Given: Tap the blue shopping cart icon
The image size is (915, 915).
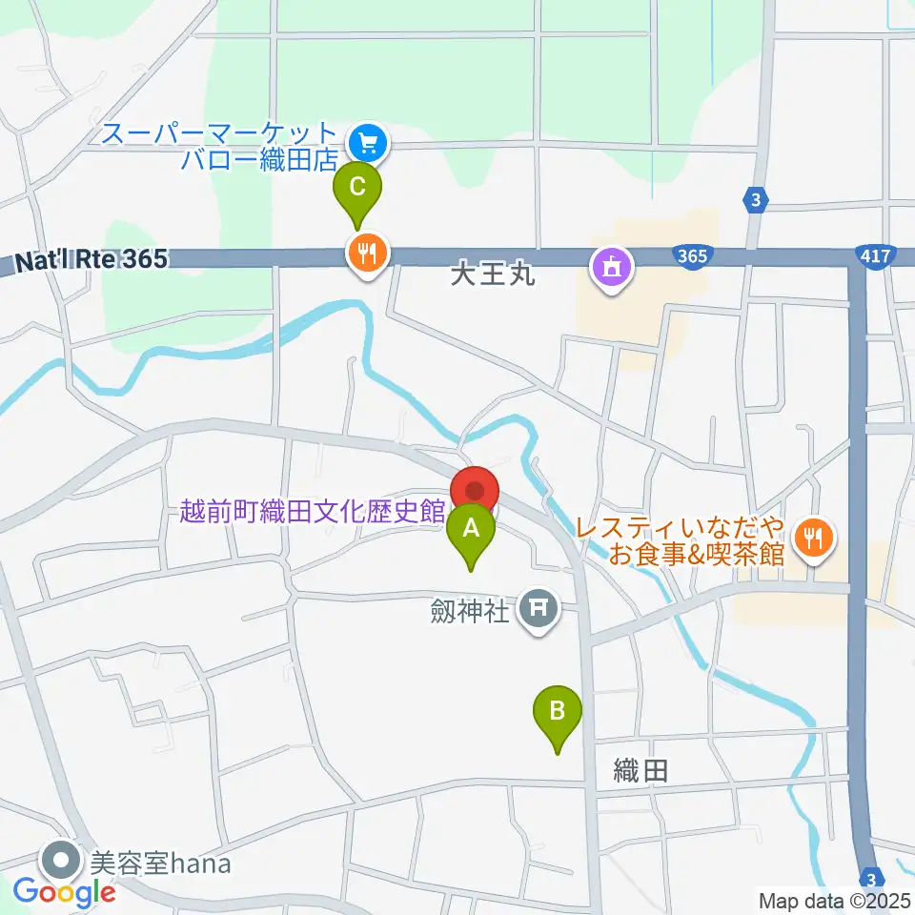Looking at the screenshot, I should pyautogui.click(x=366, y=144).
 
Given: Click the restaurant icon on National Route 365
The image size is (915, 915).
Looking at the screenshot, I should pyautogui.click(x=366, y=254).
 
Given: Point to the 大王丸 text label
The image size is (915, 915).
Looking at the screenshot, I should pyautogui.click(x=494, y=276).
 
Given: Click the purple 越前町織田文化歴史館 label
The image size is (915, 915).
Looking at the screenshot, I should pyautogui.click(x=312, y=512).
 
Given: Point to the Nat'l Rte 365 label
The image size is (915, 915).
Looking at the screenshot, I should pyautogui.click(x=91, y=258).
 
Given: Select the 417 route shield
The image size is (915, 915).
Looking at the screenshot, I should pyautogui.click(x=873, y=255).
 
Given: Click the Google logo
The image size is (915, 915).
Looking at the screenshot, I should pyautogui.click(x=65, y=892).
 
